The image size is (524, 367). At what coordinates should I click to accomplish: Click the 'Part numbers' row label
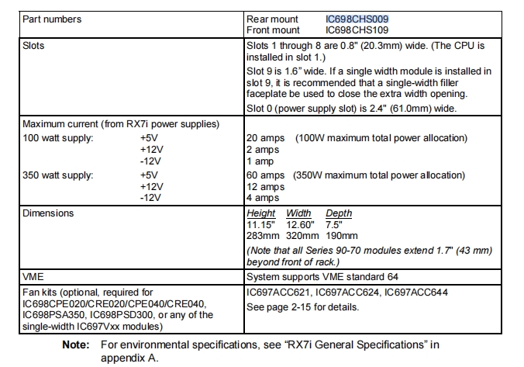point(52,19)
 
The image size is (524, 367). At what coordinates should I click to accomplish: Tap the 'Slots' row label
point(34,46)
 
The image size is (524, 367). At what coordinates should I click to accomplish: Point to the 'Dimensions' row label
point(48,213)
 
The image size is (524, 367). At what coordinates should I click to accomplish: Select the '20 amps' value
point(266,138)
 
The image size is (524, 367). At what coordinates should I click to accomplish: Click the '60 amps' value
point(266,175)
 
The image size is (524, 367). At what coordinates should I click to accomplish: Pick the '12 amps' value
point(266,187)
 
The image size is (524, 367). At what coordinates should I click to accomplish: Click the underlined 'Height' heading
point(261,213)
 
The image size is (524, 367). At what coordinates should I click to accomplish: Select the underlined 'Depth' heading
point(339,213)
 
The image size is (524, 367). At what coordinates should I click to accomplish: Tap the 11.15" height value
point(261,225)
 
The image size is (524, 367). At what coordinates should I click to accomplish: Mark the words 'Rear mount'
point(273,19)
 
